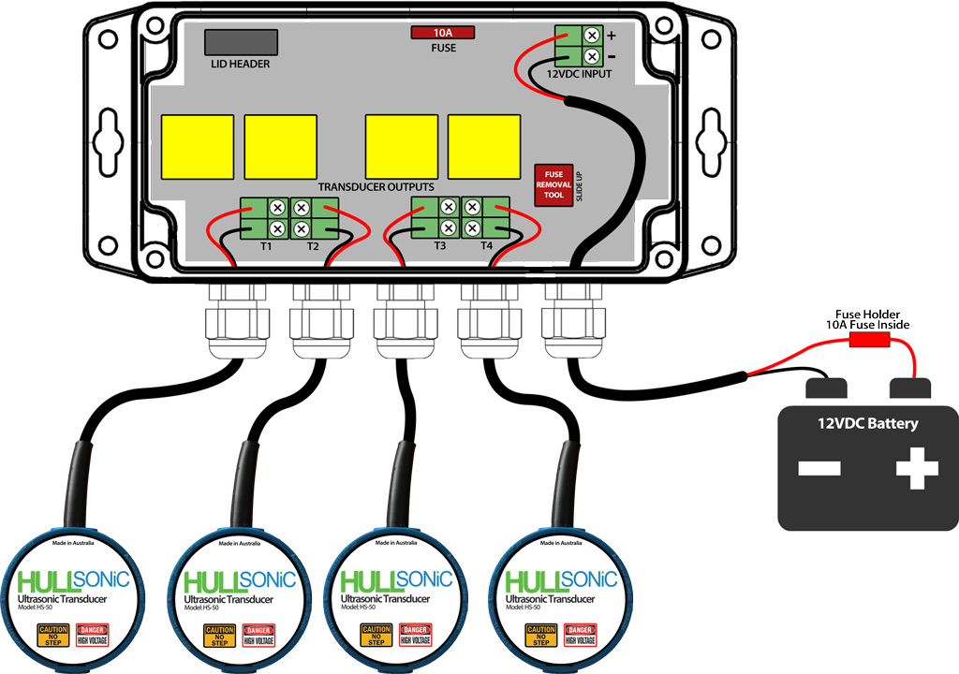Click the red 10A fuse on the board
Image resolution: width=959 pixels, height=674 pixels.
coord(443,33)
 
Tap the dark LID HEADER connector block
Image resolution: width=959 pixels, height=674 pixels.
coord(241,42)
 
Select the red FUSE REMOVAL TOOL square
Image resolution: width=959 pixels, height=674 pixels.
coord(553,184)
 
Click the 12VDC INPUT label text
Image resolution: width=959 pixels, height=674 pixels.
coord(578,73)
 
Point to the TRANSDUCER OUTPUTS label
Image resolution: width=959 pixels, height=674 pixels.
coord(376,187)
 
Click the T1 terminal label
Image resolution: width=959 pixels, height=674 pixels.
coord(266,246)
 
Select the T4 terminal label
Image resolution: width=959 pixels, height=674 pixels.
coord(486,246)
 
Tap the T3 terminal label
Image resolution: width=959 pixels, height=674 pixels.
coord(440,246)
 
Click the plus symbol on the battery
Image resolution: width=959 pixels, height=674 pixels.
coord(916,468)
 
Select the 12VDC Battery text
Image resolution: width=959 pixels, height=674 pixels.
coord(867,423)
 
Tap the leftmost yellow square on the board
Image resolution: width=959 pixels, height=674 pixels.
coord(198,147)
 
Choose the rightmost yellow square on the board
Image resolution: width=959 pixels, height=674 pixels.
coord(484,147)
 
